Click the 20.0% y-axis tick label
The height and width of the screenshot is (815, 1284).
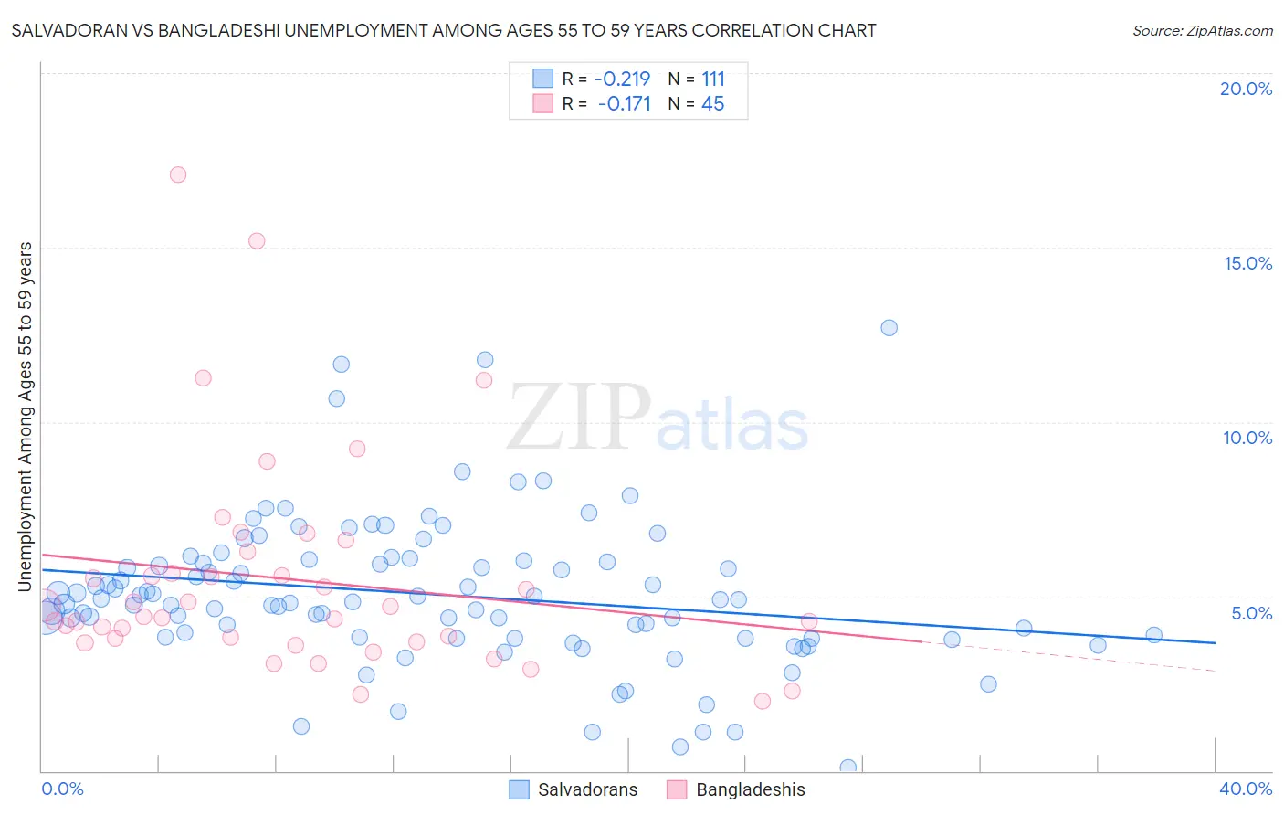[1246, 89]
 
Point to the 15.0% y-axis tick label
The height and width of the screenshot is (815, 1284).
[1247, 263]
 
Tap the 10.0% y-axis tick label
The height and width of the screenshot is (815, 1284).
[1247, 438]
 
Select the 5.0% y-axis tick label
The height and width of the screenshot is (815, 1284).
[1251, 613]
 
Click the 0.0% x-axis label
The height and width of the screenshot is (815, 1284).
[62, 789]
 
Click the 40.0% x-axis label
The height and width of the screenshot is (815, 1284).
[1245, 789]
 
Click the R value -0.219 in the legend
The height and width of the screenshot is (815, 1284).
[622, 79]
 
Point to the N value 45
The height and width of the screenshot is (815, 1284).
[712, 104]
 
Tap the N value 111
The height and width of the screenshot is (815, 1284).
[713, 79]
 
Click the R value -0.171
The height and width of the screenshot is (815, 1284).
[625, 104]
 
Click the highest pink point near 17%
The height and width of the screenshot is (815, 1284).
[178, 175]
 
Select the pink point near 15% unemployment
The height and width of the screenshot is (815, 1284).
[257, 241]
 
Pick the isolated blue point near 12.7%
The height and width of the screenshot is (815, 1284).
[889, 328]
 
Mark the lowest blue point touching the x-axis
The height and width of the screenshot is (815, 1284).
[847, 767]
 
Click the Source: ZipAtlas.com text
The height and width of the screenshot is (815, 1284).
[1202, 31]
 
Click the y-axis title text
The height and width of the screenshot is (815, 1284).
[26, 416]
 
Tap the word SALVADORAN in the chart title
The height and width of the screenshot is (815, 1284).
[67, 31]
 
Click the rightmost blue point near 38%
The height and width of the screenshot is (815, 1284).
[1153, 635]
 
